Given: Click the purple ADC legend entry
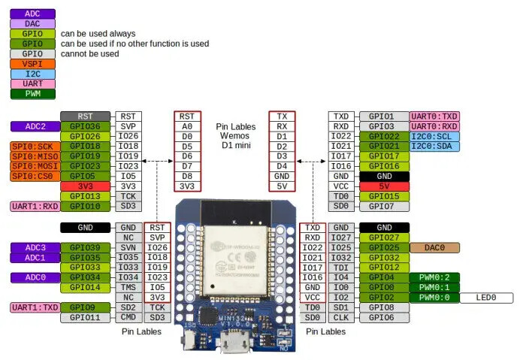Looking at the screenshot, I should coord(32,14).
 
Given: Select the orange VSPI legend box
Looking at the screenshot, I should coord(32,64).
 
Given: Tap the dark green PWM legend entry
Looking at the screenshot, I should coord(32,94).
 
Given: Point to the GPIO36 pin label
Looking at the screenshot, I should coord(85,126).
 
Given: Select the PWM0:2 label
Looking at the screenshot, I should coord(434,277).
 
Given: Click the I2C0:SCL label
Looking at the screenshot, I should coord(434,136).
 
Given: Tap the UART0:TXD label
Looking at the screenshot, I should coord(434,116).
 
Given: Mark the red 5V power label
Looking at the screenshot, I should coord(384,186).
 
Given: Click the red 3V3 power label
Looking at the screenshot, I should coord(85,186).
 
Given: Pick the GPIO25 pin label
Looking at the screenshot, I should coord(384,247).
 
